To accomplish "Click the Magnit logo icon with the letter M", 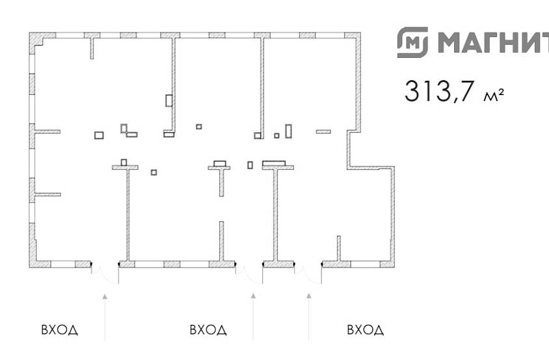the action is (x=412, y=42).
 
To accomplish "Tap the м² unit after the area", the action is (x=494, y=94).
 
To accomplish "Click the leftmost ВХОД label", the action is (x=60, y=330).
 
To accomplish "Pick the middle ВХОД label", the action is (x=208, y=330).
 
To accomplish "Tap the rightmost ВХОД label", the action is (x=365, y=330).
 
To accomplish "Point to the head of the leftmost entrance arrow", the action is (x=105, y=296).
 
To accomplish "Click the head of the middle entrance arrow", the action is (x=253, y=296).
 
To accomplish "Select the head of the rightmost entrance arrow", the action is (x=309, y=296).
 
